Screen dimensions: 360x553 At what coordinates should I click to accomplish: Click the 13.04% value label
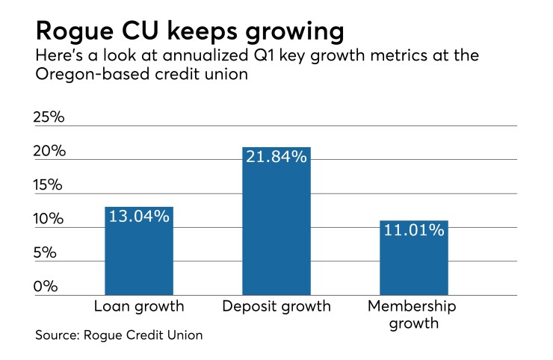tap(139, 217)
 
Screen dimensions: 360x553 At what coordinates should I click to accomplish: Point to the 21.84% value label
tap(276, 157)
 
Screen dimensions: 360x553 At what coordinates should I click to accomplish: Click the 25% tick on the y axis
tap(50, 117)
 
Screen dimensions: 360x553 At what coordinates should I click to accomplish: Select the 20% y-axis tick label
tap(50, 151)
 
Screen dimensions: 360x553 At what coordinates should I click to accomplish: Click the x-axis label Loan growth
tap(138, 306)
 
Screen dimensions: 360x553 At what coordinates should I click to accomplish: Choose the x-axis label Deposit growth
tap(276, 306)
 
